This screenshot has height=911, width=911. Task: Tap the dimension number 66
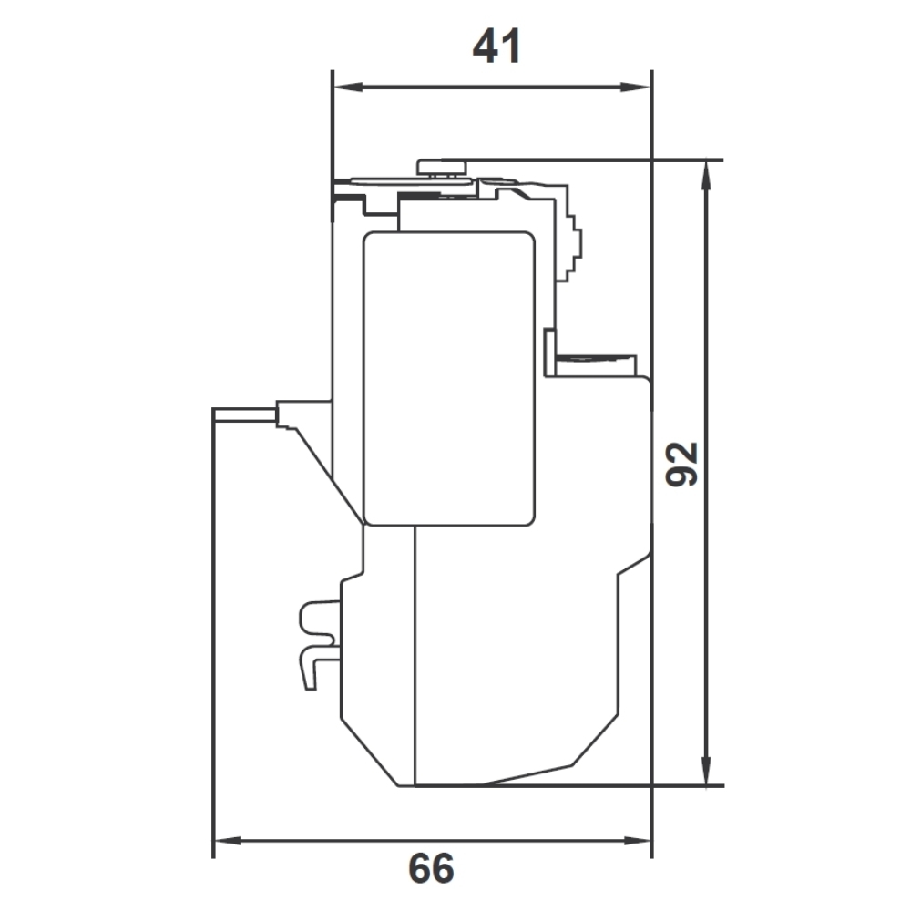[x=431, y=868]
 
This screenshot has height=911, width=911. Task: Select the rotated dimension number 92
[x=681, y=465]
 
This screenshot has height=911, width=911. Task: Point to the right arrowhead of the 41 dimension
[x=635, y=87]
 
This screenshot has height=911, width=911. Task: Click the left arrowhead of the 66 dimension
[x=229, y=841]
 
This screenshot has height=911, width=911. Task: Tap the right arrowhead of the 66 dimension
[x=636, y=841]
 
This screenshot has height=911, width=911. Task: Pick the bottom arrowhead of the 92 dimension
[x=706, y=770]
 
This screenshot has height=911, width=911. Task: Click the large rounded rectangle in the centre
[x=448, y=379]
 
